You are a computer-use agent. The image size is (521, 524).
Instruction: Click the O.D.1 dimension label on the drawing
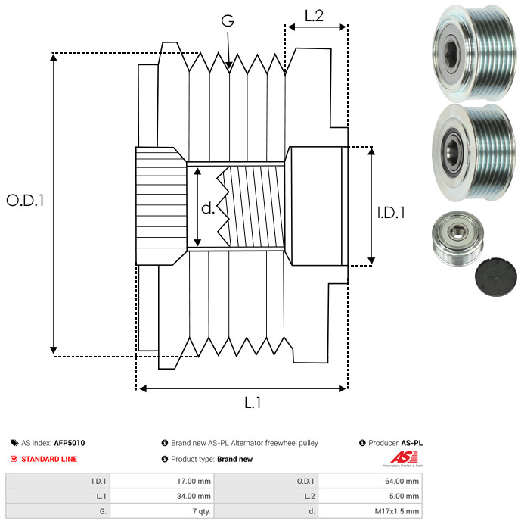pos(26,201)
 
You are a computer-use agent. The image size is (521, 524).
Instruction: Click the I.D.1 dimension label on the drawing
pos(391,213)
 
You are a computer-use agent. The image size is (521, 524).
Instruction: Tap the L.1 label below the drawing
pos(253,403)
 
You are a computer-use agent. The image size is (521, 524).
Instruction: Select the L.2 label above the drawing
pos(314,16)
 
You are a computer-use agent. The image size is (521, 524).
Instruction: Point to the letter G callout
pos(228,20)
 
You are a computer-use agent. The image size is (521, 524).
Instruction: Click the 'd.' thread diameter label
pos(208,208)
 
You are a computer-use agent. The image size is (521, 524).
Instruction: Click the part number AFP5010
pos(70,443)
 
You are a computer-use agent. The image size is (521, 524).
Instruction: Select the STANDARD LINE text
pos(49,459)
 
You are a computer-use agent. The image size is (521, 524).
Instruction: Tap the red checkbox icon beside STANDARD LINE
pos(14,459)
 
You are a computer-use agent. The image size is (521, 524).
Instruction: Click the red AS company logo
pos(404,457)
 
